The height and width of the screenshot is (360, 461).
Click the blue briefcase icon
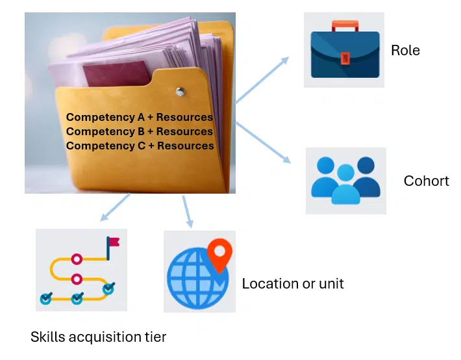point(345,55)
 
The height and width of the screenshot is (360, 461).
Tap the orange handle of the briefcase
point(345,27)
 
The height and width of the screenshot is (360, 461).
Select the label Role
point(405,50)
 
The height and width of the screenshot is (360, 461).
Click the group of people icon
point(345,181)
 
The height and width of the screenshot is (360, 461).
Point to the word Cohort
point(426,181)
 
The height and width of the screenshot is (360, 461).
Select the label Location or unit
point(293,283)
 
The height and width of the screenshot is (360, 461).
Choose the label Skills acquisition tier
point(98,337)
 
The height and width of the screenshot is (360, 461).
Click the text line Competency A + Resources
point(140,118)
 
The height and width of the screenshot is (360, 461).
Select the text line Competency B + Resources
point(140,131)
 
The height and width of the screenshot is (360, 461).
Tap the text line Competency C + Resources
point(140,146)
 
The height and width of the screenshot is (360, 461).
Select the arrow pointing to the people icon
point(263,141)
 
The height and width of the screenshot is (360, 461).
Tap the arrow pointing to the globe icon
point(188,211)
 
